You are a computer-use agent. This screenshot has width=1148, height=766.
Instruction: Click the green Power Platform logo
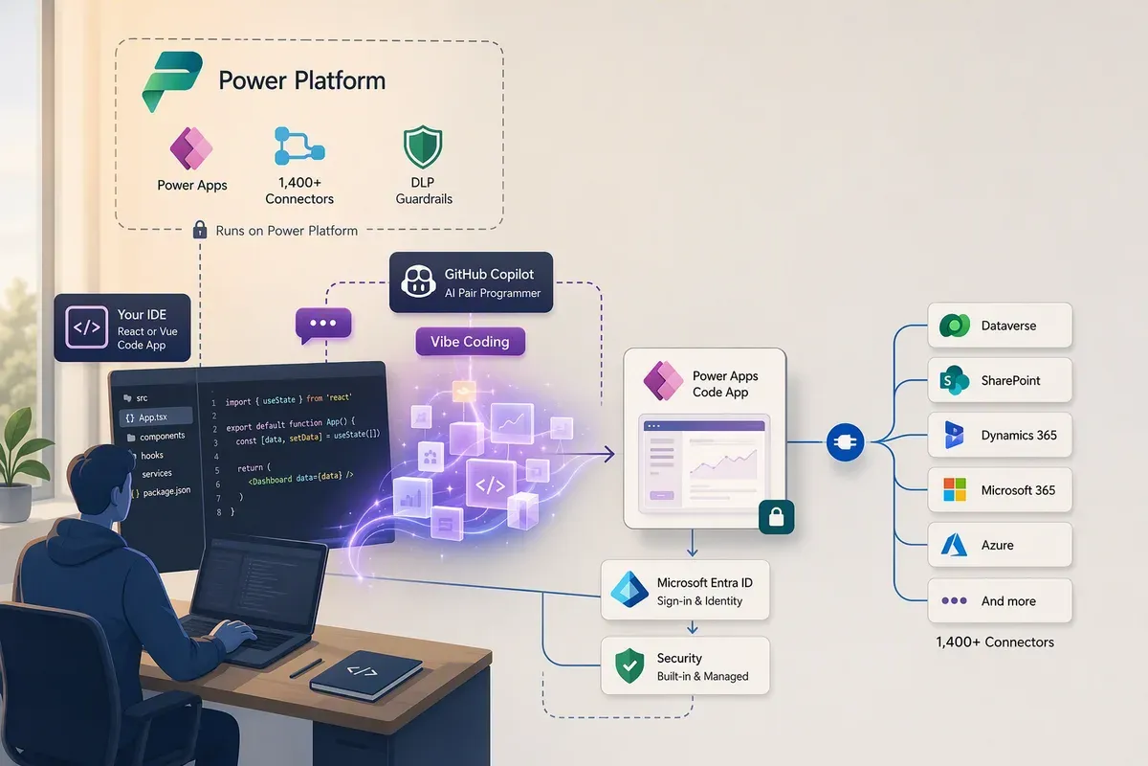coord(171,81)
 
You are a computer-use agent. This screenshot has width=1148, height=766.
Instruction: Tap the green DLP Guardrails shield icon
coord(423,146)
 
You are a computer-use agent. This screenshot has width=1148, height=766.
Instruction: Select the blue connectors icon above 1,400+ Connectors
coord(299,146)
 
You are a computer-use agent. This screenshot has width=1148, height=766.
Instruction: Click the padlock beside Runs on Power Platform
coord(200,230)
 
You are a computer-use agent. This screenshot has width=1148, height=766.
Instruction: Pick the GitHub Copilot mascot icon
coord(418,282)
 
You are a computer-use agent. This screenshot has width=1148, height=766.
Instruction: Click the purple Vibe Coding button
coord(470,342)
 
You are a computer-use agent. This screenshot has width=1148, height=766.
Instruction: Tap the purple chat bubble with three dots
coord(323,325)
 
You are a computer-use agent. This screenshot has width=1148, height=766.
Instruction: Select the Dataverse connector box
coord(1000,326)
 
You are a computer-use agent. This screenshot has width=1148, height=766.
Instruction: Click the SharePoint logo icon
coord(954,380)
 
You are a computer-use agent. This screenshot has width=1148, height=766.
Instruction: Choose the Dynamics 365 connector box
coord(1000,435)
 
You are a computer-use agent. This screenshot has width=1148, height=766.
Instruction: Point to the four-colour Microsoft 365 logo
coord(955,489)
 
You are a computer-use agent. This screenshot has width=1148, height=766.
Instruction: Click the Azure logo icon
coord(954,545)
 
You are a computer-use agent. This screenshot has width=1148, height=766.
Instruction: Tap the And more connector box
coord(1000,600)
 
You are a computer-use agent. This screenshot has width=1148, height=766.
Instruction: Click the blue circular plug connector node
coord(845,441)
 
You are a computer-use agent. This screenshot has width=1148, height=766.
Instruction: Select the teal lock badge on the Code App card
coord(777,517)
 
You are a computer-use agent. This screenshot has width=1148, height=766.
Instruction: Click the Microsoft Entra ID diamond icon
coord(629,590)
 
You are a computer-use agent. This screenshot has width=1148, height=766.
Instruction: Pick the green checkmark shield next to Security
coord(629,665)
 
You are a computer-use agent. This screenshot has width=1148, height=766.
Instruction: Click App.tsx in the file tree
coord(153,417)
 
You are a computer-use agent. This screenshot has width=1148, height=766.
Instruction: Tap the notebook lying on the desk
coord(365,675)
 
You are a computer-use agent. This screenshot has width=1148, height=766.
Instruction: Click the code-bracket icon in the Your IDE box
coord(87,327)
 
